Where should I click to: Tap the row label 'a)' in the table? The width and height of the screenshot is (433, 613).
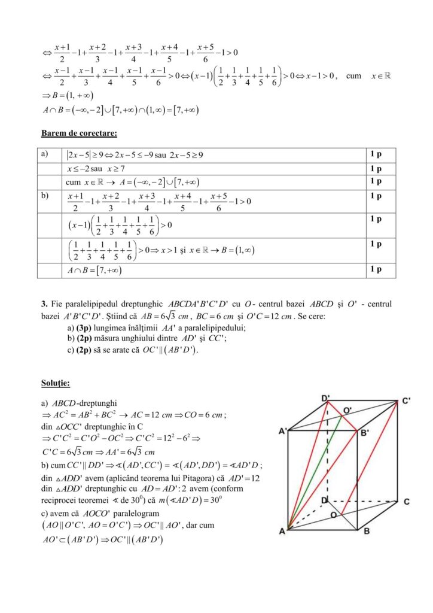[x=45, y=154]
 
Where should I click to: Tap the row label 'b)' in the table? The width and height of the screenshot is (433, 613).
[x=45, y=196]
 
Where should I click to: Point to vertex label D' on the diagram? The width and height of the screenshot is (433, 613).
[x=326, y=397]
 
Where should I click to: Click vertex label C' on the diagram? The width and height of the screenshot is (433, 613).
[x=406, y=400]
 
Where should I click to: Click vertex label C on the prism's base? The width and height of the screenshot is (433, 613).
[x=406, y=501]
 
